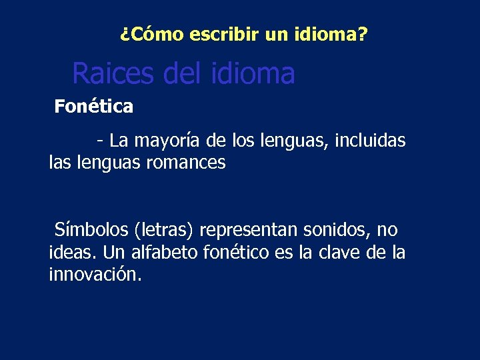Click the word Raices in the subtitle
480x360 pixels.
tap(113, 73)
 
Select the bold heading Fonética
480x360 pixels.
tap(94, 106)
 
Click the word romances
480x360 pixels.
tap(193, 163)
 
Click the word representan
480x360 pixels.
tap(249, 231)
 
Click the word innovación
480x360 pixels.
tap(95, 275)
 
